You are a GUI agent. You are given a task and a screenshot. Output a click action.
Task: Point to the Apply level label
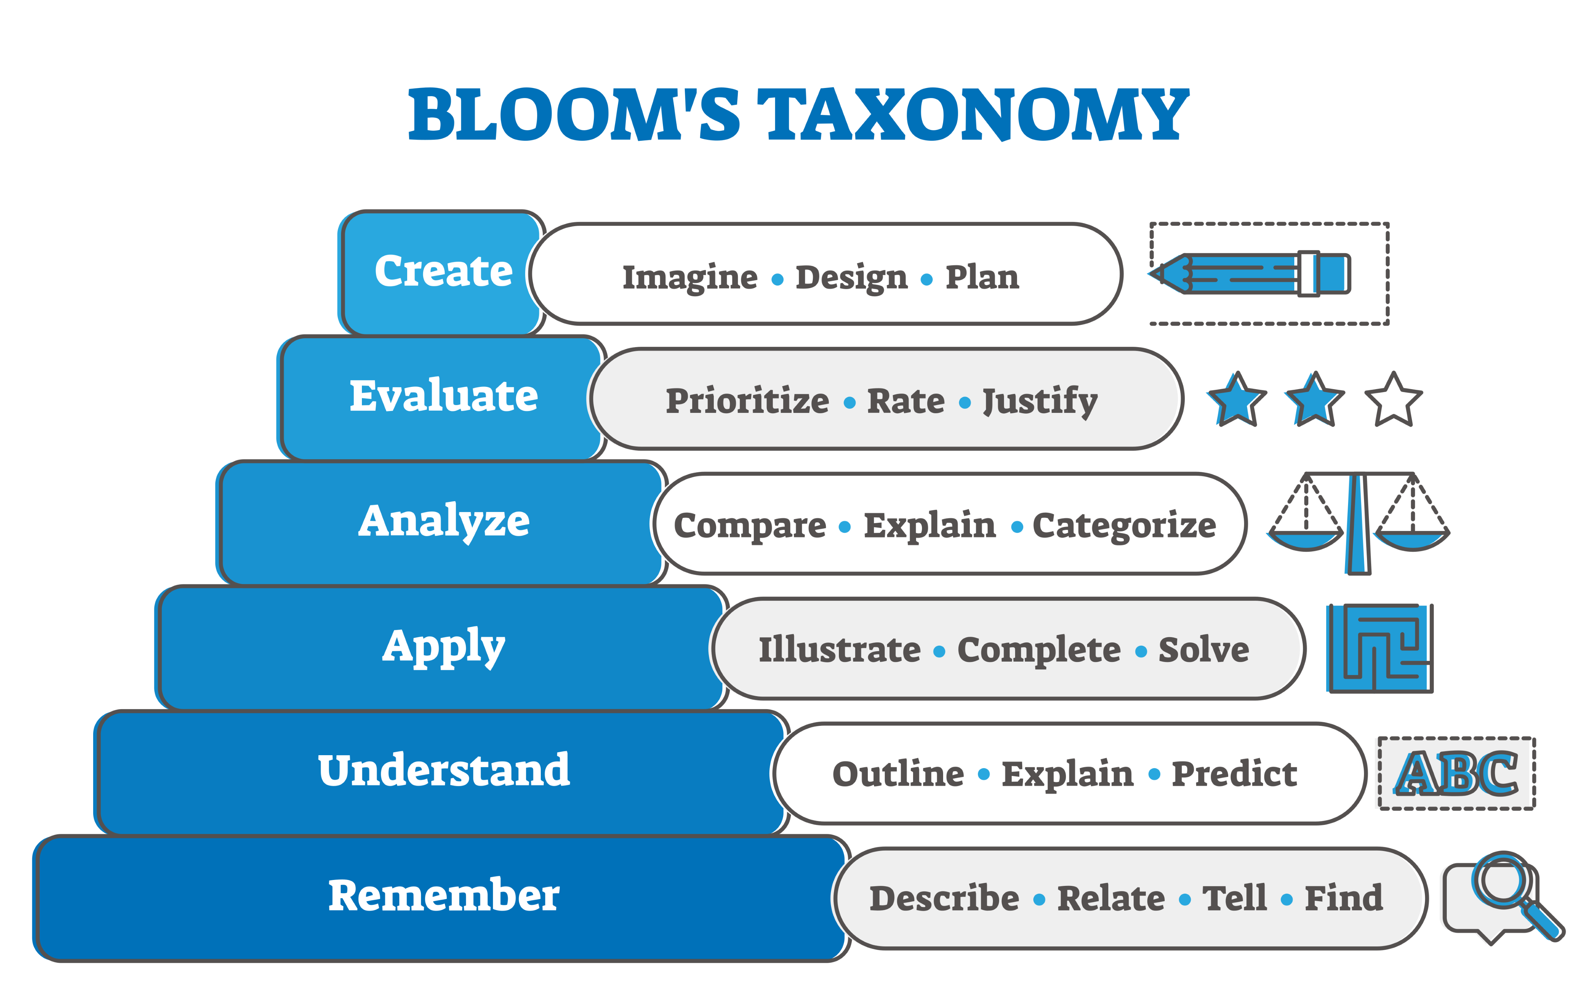pyautogui.click(x=444, y=647)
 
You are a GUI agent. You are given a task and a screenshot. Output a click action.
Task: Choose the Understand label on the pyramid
pyautogui.click(x=444, y=770)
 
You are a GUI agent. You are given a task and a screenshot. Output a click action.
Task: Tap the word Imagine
pyautogui.click(x=690, y=277)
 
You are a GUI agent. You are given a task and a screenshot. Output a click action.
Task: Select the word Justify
pyautogui.click(x=1040, y=401)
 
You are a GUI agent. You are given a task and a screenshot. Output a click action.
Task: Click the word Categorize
pyautogui.click(x=1124, y=526)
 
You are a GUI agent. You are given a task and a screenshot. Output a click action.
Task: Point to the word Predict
pyautogui.click(x=1234, y=774)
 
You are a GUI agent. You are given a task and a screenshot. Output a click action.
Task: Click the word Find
pyautogui.click(x=1343, y=898)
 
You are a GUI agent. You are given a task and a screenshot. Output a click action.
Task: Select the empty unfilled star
pyautogui.click(x=1393, y=401)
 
